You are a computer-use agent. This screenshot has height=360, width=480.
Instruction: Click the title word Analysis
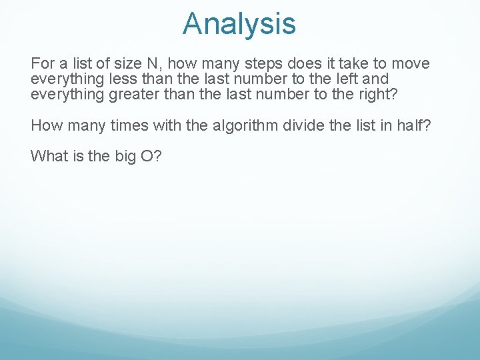(x=239, y=24)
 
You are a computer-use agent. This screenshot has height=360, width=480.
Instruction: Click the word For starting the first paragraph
(x=43, y=64)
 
